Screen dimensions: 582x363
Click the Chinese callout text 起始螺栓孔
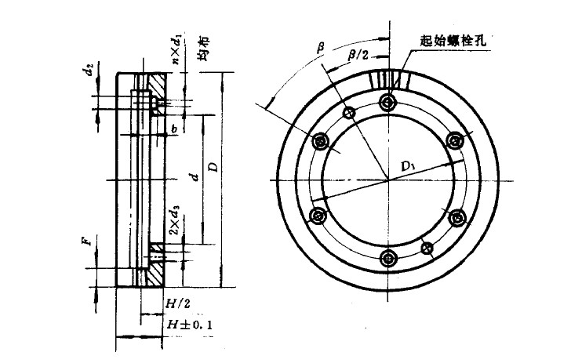[453, 40]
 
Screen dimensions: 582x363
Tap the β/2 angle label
[358, 56]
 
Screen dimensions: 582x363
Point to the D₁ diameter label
[408, 166]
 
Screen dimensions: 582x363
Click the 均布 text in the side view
[203, 49]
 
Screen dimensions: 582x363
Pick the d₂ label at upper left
[89, 70]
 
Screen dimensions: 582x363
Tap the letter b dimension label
[174, 129]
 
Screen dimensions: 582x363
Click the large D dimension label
[214, 166]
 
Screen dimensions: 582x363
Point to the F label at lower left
[86, 241]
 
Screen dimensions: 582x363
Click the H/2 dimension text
[177, 304]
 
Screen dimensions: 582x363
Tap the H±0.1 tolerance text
[189, 325]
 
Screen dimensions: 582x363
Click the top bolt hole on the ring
[388, 102]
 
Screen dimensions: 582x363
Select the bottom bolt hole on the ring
[388, 258]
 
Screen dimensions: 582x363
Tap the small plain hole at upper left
[349, 113]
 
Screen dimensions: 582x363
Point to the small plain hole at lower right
[427, 248]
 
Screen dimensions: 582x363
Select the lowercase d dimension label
[195, 177]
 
